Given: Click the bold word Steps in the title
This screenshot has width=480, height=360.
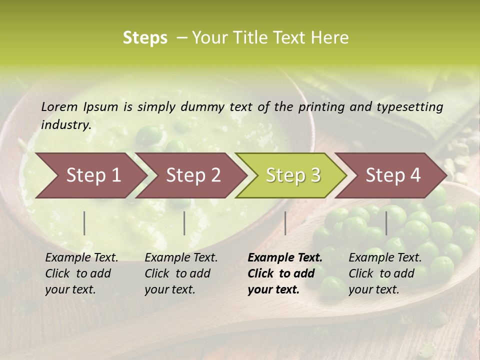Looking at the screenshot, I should click(145, 38).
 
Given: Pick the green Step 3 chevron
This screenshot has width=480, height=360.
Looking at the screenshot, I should click(293, 175).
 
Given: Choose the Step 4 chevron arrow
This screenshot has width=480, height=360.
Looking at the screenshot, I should click(393, 175).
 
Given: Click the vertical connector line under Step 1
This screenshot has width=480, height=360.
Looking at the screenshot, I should click(84, 223).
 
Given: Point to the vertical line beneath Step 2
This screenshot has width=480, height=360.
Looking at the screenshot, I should click(184, 223).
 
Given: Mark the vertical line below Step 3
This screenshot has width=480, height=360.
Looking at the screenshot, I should click(285, 223).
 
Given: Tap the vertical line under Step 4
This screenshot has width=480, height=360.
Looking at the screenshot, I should click(386, 223).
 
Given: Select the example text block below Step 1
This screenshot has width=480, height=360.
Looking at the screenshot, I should click(81, 273).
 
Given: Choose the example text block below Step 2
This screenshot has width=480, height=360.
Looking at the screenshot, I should click(181, 273).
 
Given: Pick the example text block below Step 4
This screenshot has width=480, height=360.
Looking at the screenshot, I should click(385, 273).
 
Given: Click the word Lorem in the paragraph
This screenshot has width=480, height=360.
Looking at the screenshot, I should click(59, 106).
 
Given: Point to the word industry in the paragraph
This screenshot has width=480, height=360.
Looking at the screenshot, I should click(66, 125).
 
